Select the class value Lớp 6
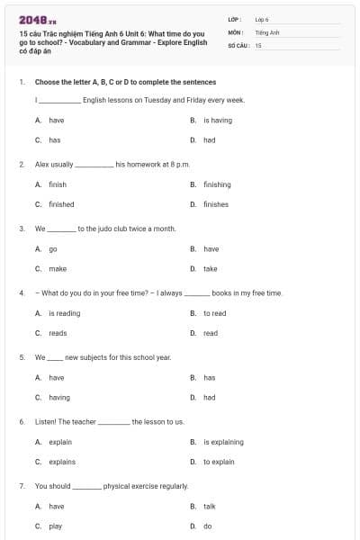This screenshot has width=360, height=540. coord(262,19)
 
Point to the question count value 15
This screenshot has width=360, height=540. coord(258,44)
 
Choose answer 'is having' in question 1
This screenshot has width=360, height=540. coord(218,120)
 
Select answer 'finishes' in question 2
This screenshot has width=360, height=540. coord(216,204)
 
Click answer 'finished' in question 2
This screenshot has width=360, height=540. coord(61,204)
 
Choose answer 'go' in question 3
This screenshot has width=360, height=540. coord(53,248)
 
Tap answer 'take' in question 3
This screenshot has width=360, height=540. coord(210,268)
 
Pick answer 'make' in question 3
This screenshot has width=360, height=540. coord(58,268)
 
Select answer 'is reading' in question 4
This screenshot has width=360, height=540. coord(64,313)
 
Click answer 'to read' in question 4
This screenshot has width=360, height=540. coord(214,313)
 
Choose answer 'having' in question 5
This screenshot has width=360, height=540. coord(59,397)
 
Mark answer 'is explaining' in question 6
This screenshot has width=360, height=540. coord(223,442)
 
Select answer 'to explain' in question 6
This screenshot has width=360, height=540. coord(219,462)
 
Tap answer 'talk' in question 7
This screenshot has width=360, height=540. coord(209,506)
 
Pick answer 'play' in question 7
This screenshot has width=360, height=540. coord(56,526)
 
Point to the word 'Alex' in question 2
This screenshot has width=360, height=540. coord(41,165)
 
